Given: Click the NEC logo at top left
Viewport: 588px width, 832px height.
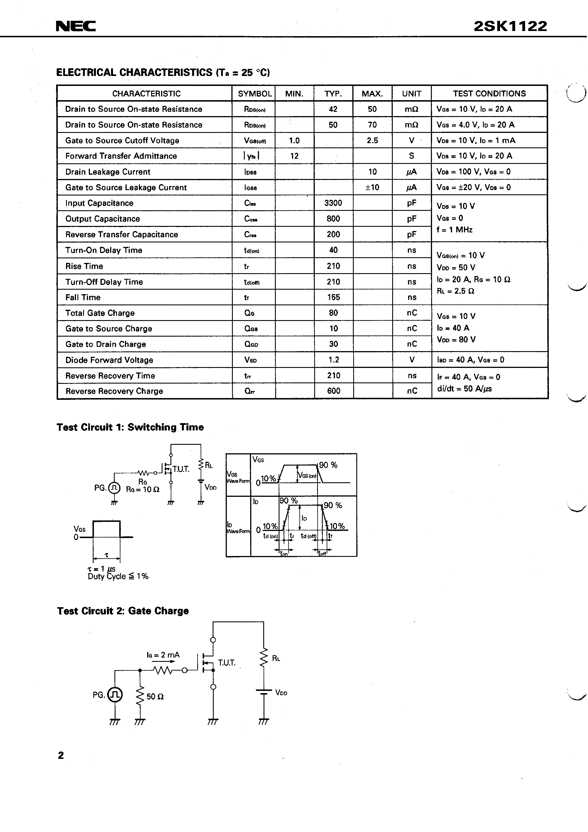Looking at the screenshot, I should click(x=76, y=26).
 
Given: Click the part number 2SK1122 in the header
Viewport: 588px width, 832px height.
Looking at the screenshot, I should click(x=510, y=26).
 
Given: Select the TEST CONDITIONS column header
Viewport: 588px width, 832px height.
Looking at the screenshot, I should click(x=489, y=94).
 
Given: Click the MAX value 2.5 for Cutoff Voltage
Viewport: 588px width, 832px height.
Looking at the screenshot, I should click(x=372, y=141).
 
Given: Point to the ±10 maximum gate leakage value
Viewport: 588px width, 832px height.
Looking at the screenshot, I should click(x=372, y=187).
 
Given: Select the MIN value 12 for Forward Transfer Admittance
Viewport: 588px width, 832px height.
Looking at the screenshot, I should click(x=294, y=156).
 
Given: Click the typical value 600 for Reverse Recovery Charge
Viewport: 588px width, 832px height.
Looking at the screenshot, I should click(x=334, y=391).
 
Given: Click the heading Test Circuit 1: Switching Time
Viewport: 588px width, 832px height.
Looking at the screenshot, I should click(x=130, y=427).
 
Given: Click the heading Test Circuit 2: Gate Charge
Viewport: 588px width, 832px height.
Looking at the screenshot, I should click(x=123, y=611).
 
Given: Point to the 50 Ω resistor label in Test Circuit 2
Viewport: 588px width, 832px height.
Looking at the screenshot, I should click(x=155, y=697).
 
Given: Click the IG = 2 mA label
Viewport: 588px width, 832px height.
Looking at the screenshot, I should click(x=163, y=655).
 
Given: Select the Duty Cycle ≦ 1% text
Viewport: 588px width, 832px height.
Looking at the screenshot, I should click(x=118, y=576).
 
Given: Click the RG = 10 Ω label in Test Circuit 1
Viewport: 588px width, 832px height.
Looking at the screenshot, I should click(x=143, y=489).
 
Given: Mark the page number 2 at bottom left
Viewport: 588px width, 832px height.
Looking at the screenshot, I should click(x=61, y=755).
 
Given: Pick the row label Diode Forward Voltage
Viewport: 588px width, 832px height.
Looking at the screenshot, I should click(x=109, y=360).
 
